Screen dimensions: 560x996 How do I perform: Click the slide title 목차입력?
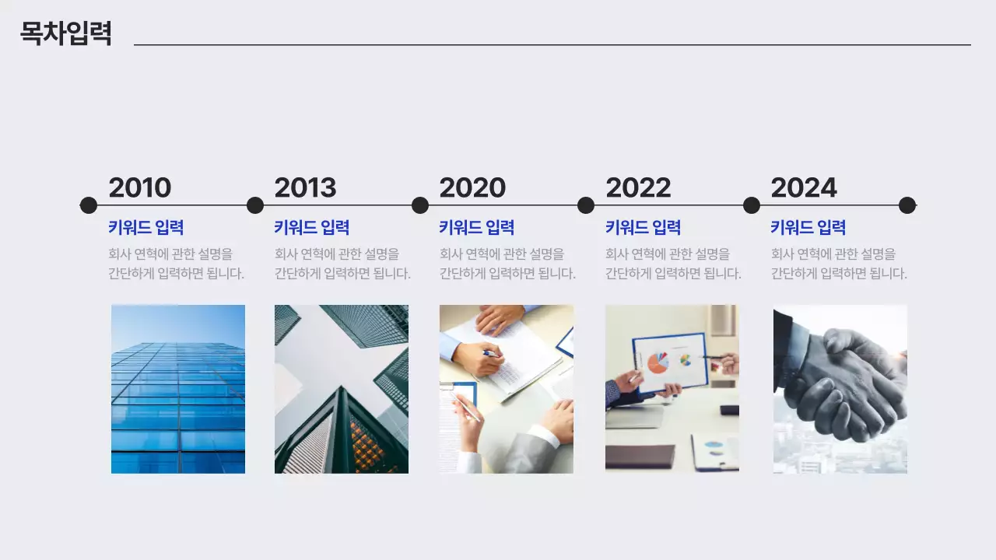click(66, 33)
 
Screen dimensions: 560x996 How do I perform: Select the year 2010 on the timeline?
click(140, 187)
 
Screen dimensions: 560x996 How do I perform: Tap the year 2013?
click(305, 187)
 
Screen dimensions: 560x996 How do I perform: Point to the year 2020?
click(472, 187)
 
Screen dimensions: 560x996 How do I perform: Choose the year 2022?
click(638, 187)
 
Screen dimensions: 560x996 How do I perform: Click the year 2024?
click(804, 187)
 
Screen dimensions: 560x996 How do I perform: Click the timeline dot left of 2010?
click(89, 205)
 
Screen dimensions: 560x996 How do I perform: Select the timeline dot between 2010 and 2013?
click(255, 205)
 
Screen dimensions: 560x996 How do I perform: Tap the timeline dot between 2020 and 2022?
click(586, 205)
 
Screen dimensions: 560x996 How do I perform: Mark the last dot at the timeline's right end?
click(907, 205)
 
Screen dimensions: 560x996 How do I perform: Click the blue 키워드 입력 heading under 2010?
click(146, 228)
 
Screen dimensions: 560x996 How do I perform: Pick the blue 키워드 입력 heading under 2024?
click(808, 228)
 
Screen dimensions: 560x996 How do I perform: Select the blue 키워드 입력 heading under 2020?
click(477, 228)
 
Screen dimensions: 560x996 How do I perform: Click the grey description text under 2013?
click(342, 264)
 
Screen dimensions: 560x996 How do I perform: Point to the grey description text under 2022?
click(673, 264)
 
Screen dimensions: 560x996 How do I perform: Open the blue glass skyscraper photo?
click(178, 389)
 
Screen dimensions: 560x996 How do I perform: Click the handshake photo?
click(840, 389)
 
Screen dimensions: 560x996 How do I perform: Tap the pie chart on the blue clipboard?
click(658, 362)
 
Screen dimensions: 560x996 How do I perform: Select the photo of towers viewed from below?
click(342, 389)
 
